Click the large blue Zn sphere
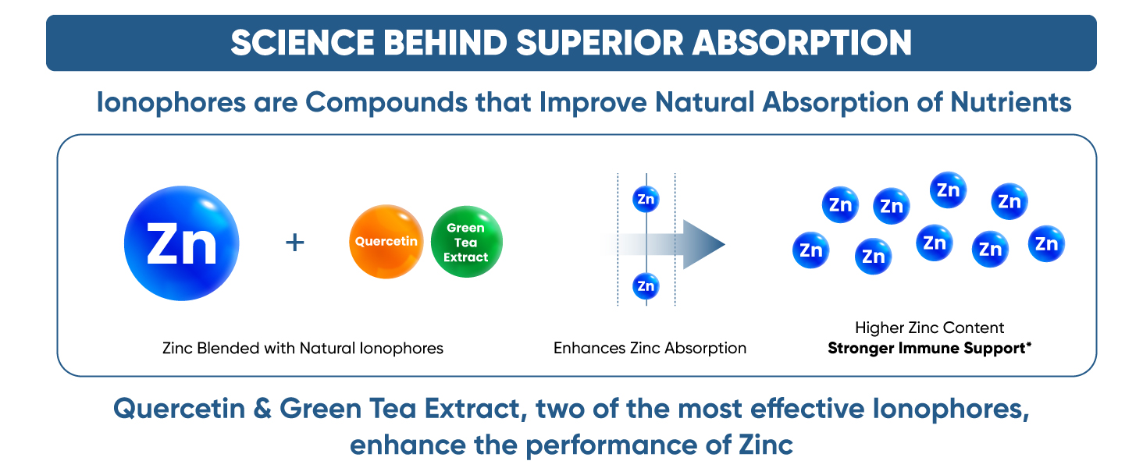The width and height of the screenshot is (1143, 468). [181, 243]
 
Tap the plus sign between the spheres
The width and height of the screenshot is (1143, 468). [294, 243]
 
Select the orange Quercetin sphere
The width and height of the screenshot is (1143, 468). [386, 242]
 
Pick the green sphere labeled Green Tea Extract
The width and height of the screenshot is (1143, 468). [466, 242]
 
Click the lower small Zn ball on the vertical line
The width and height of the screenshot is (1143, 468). [646, 286]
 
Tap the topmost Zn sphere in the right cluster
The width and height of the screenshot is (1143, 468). [948, 190]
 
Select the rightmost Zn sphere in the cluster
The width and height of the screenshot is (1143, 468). [1046, 244]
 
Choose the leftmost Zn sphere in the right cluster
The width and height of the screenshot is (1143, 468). [811, 250]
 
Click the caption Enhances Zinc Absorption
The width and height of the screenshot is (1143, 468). [650, 348]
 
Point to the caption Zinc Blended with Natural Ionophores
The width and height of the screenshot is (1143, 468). [302, 348]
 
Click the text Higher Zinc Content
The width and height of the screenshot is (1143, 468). [929, 328]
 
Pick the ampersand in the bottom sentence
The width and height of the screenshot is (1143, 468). [260, 409]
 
